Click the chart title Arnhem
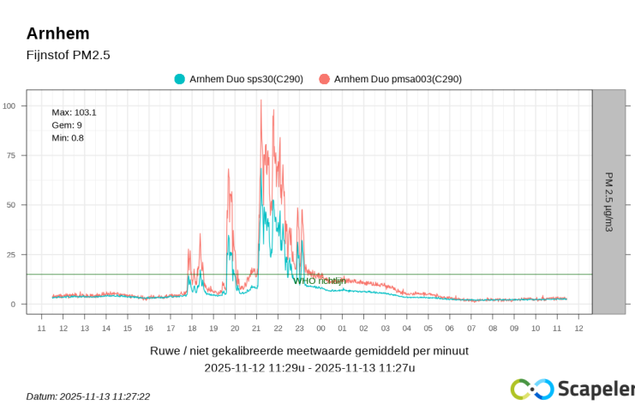click(x=57, y=33)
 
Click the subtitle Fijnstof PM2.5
click(x=69, y=55)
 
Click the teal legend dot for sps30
click(x=180, y=79)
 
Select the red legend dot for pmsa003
click(x=324, y=79)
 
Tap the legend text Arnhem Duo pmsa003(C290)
click(x=398, y=79)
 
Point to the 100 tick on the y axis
click(x=9, y=106)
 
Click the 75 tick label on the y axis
click(x=11, y=155)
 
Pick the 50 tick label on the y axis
click(x=11, y=205)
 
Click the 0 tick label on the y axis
click(x=13, y=305)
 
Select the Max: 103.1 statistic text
click(x=74, y=112)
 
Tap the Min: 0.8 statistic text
click(x=68, y=138)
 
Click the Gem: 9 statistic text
click(x=67, y=125)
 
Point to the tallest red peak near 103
click(x=261, y=101)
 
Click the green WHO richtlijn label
click(x=319, y=281)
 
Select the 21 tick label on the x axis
click(x=256, y=328)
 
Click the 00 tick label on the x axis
click(x=320, y=328)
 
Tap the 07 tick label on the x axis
click(x=470, y=328)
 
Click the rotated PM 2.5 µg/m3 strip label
click(x=608, y=202)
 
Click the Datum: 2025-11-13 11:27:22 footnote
click(x=88, y=396)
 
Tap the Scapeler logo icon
click(x=531, y=390)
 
